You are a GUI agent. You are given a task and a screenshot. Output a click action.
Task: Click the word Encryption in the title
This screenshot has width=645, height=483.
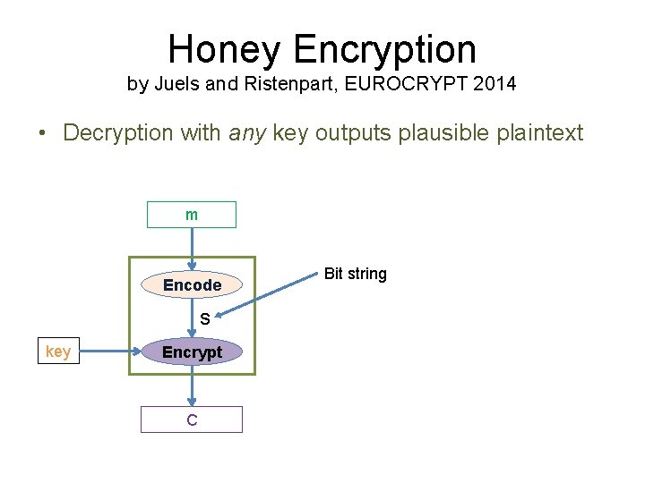pyautogui.click(x=389, y=50)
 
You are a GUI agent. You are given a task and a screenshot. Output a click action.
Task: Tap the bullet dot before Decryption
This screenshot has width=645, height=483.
pyautogui.click(x=42, y=134)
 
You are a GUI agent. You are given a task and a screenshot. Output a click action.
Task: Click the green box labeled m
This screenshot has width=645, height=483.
pyautogui.click(x=192, y=215)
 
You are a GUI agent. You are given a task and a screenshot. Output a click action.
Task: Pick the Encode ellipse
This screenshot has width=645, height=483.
pyautogui.click(x=192, y=284)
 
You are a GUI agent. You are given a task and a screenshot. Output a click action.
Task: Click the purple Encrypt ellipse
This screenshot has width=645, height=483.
pyautogui.click(x=192, y=352)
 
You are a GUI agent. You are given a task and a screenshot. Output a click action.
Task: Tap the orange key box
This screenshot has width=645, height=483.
pyautogui.click(x=57, y=352)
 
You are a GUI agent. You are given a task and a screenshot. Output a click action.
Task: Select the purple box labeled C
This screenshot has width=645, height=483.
pyautogui.click(x=192, y=419)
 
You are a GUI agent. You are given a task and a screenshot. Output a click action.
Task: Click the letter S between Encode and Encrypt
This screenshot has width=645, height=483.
pyautogui.click(x=204, y=318)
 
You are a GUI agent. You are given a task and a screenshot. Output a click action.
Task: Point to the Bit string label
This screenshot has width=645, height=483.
pyautogui.click(x=355, y=274)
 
